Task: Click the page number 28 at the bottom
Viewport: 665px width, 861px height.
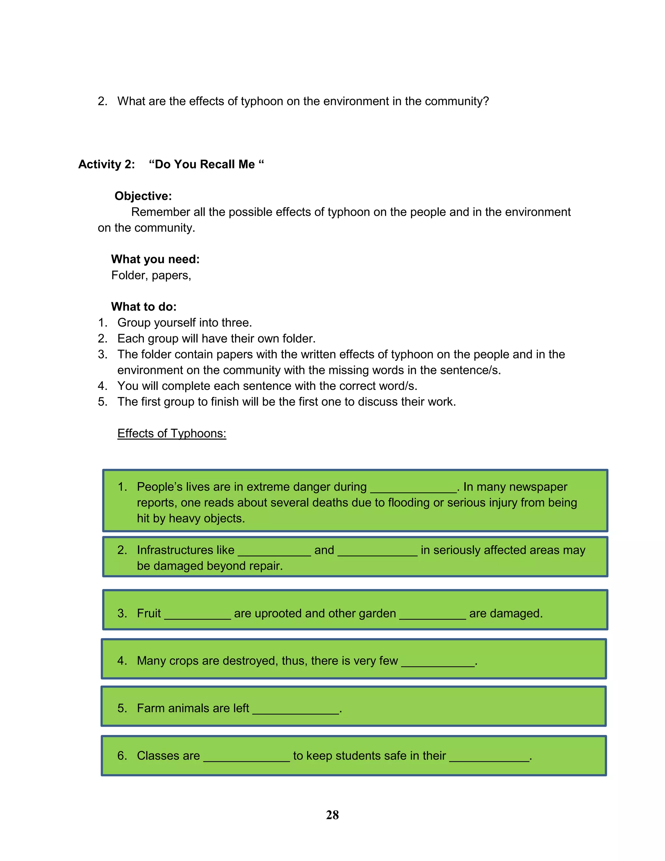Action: click(332, 815)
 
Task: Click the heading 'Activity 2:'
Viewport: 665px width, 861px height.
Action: click(107, 164)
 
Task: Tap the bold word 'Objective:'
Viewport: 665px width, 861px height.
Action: click(143, 196)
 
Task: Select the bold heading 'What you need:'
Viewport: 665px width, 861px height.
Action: click(155, 259)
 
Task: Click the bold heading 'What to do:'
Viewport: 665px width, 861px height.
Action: click(144, 306)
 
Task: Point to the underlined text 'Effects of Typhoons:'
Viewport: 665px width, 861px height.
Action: click(172, 433)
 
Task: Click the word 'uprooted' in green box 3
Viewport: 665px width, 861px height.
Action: click(278, 613)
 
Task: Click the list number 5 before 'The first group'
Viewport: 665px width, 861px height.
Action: click(102, 402)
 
